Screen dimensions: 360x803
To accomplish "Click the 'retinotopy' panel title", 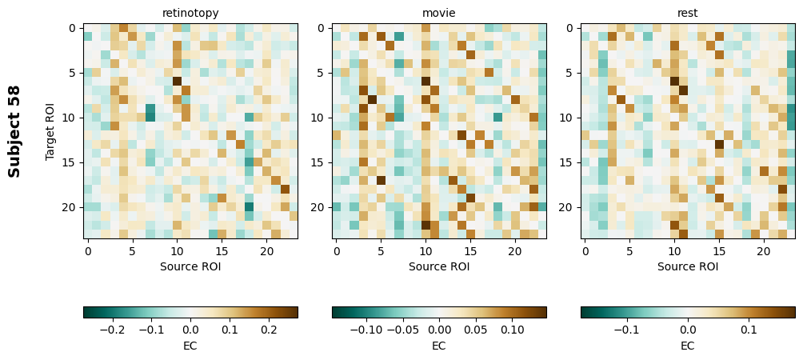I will pyautogui.click(x=190, y=13).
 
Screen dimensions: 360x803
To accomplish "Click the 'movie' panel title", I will pyautogui.click(x=439, y=13).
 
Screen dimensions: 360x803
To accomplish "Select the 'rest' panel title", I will pyautogui.click(x=688, y=13).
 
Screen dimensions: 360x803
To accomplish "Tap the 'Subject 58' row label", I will pyautogui.click(x=14, y=130).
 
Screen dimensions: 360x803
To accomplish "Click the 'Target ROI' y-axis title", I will pyautogui.click(x=50, y=130).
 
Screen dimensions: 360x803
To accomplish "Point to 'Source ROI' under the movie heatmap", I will pyautogui.click(x=439, y=266).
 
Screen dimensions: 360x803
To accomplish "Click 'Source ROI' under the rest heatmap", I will pyautogui.click(x=688, y=266).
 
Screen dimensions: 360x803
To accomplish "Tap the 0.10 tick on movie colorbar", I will pyautogui.click(x=513, y=329).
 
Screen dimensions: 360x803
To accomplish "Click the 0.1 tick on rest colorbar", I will pyautogui.click(x=749, y=329).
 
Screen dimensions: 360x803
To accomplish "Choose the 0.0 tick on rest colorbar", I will pyautogui.click(x=688, y=329).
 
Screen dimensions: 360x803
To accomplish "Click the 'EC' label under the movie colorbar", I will pyautogui.click(x=439, y=346).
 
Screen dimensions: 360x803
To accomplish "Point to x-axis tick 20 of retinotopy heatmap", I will pyautogui.click(x=266, y=250).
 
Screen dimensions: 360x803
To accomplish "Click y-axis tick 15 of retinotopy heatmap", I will pyautogui.click(x=70, y=162).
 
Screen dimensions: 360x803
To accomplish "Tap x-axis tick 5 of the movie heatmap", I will pyautogui.click(x=381, y=250).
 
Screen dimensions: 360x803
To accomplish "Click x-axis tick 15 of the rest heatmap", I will pyautogui.click(x=719, y=250).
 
